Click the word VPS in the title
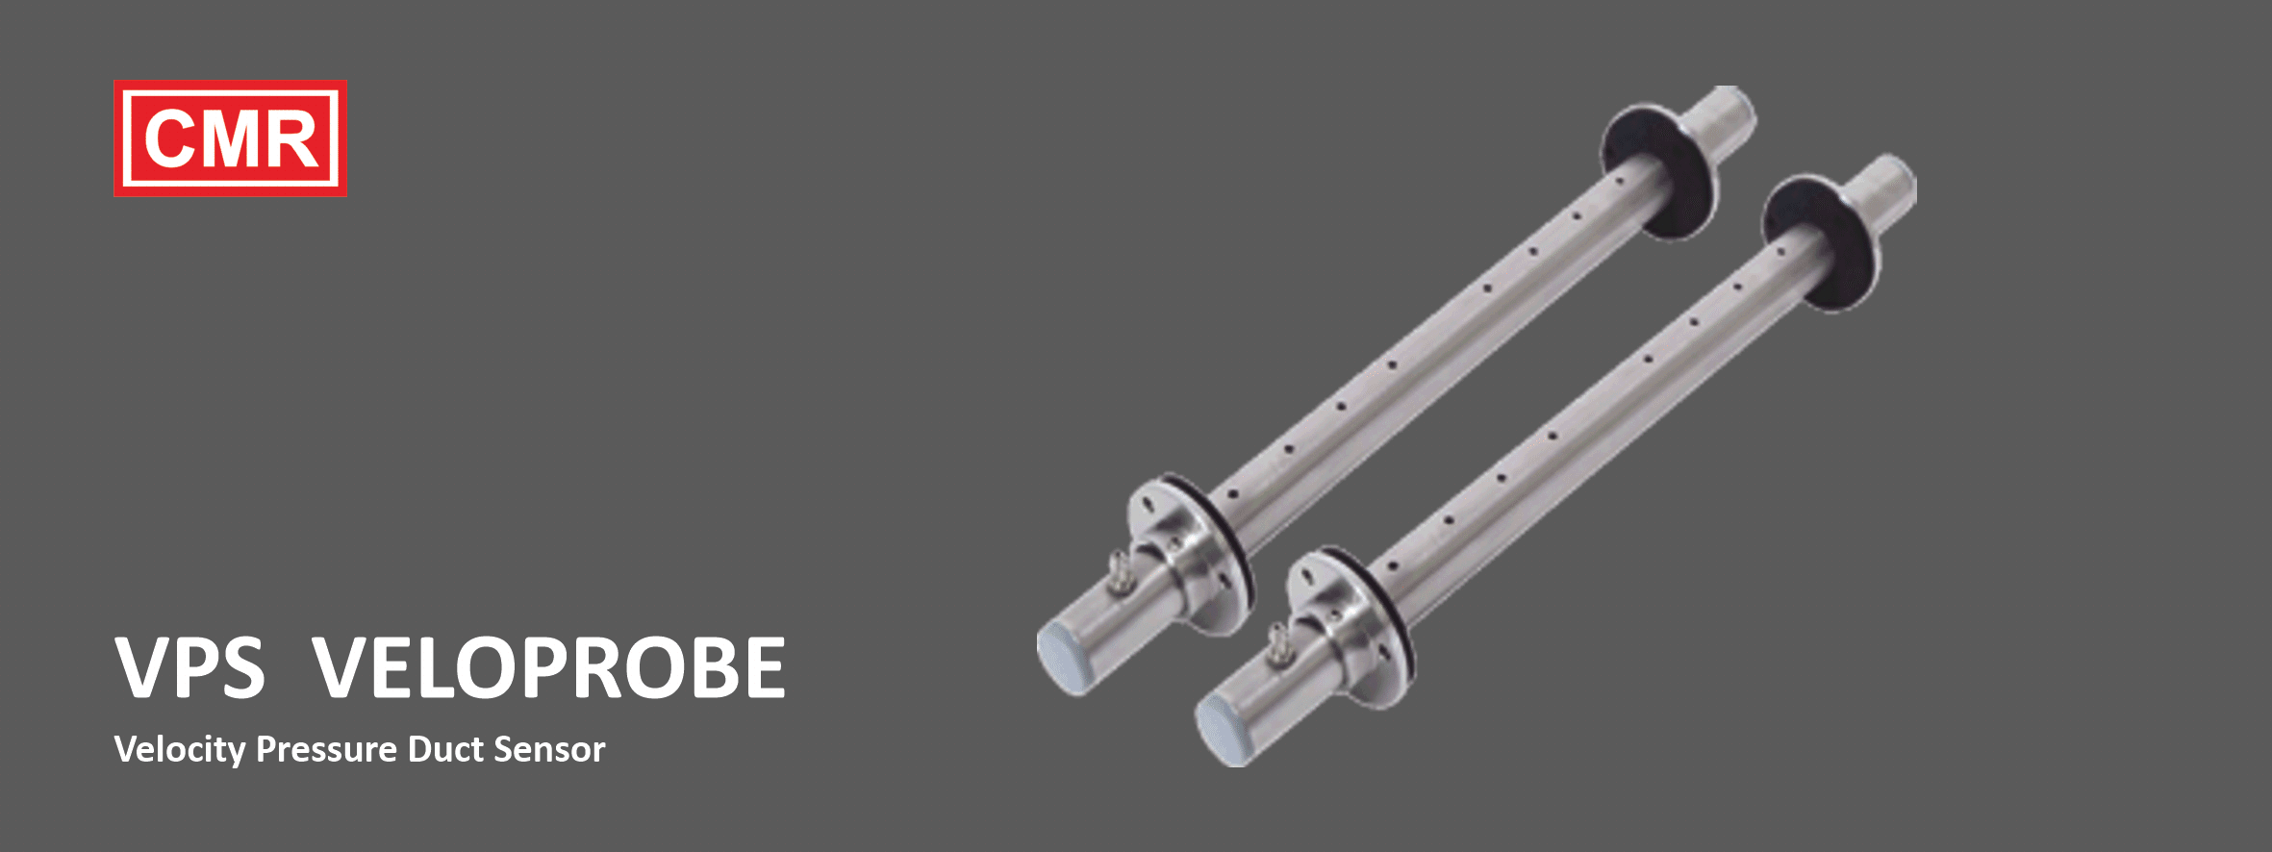[189, 667]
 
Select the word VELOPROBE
[549, 667]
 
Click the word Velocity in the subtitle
[179, 749]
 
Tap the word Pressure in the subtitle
[326, 749]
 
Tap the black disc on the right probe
[1818, 244]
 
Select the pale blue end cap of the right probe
[1221, 730]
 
